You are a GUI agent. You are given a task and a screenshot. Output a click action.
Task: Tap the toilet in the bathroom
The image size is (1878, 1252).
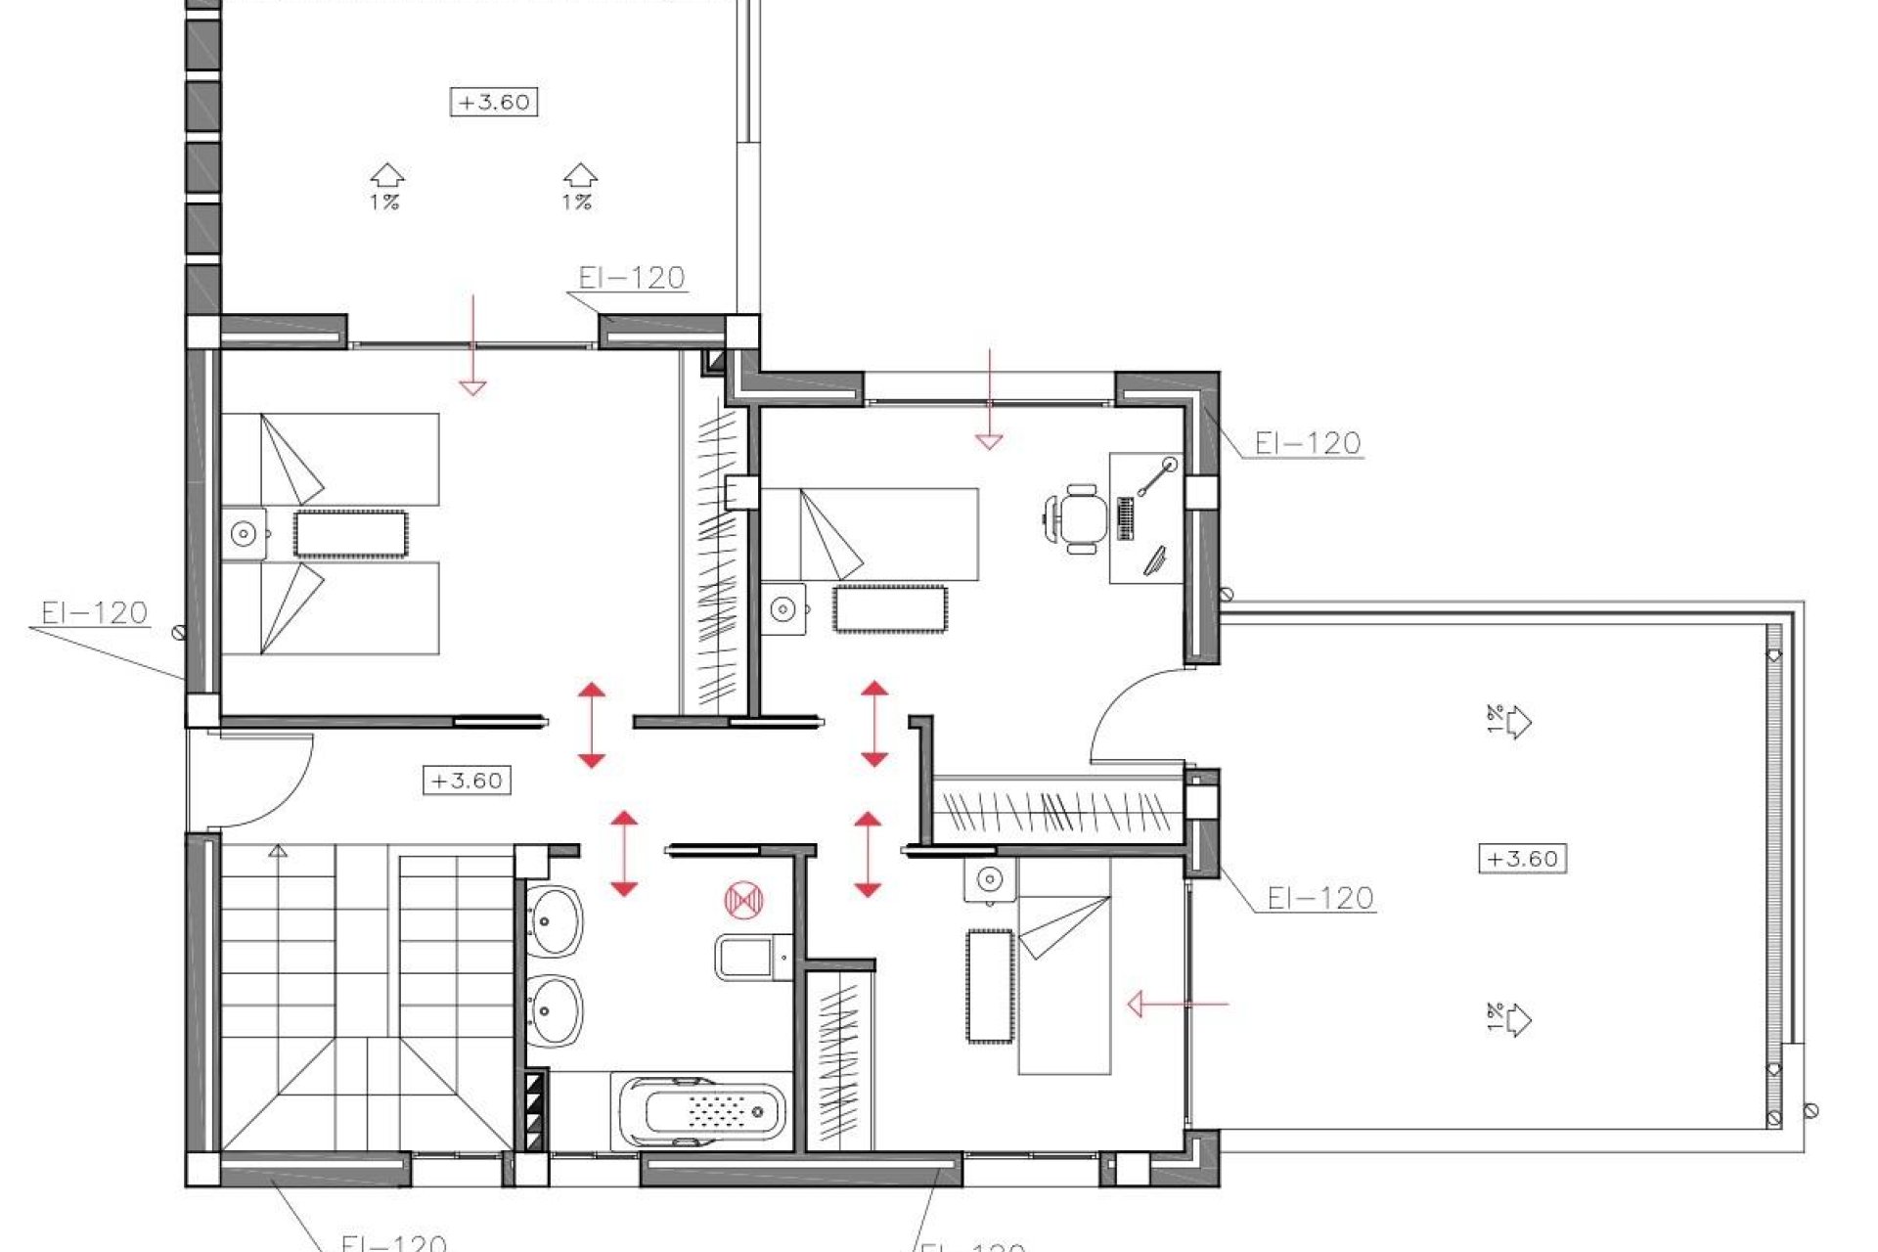753,957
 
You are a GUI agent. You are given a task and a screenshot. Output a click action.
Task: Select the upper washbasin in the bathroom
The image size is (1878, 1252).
555,919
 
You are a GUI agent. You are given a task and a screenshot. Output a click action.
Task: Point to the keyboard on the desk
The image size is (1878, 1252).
1125,518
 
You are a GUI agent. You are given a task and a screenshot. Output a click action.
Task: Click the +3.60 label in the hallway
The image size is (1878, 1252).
467,781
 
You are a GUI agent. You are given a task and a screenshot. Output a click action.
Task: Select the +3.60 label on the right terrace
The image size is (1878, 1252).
1522,859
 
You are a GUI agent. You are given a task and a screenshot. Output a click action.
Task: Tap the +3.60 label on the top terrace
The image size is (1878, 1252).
494,102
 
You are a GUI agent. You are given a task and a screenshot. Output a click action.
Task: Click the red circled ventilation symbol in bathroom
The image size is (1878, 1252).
743,900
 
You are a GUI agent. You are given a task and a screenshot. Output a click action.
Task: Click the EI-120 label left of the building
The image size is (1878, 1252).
94,613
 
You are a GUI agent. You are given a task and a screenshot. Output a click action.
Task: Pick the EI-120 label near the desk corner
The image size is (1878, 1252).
1307,444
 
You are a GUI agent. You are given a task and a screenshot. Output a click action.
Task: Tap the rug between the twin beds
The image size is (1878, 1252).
350,534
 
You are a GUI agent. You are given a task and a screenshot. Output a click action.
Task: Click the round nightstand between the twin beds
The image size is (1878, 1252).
244,534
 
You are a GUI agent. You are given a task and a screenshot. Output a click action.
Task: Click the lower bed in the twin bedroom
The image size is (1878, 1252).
330,607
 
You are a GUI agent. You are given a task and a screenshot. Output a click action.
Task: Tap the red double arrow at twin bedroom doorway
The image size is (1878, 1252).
591,725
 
